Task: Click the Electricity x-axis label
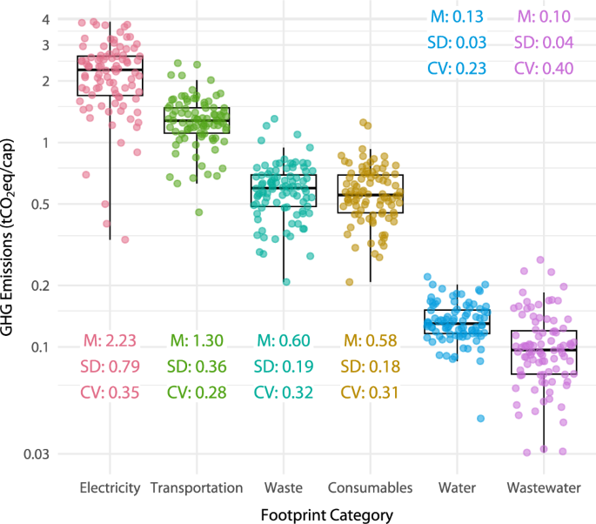point(110,488)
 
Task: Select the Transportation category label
point(196,488)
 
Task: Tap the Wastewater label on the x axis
point(544,488)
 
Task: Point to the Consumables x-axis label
point(370,488)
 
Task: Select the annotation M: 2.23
point(110,340)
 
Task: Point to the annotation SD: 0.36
point(197,366)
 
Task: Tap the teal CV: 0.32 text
point(284,393)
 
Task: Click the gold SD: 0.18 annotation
point(370,366)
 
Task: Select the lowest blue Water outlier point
point(480,419)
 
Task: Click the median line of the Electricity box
point(110,69)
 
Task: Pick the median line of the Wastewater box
point(544,349)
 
